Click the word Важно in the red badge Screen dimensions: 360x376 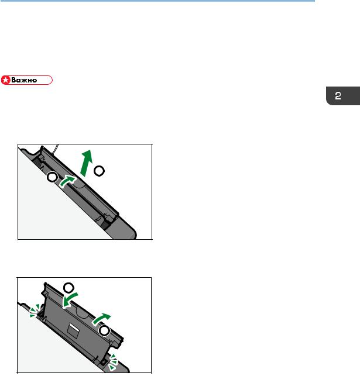click(x=24, y=80)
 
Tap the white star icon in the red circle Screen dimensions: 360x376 click(x=5, y=80)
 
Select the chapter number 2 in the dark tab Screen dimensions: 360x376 click(x=338, y=96)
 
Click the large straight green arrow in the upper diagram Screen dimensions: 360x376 click(x=87, y=163)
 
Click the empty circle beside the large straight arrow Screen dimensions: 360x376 click(x=99, y=171)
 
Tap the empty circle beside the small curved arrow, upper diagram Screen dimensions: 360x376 click(x=52, y=177)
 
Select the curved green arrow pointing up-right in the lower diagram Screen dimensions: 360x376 click(x=101, y=319)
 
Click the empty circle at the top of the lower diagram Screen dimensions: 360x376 click(x=68, y=288)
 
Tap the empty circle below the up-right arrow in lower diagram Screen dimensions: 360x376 click(x=104, y=331)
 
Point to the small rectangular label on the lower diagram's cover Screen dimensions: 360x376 click(x=73, y=329)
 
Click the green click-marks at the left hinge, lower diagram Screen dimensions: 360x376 click(x=35, y=311)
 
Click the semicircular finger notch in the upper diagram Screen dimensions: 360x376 click(x=79, y=184)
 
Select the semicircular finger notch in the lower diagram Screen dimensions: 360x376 click(x=83, y=313)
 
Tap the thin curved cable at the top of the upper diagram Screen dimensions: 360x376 click(x=56, y=149)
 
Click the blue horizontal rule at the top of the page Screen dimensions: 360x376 click(x=157, y=1)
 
